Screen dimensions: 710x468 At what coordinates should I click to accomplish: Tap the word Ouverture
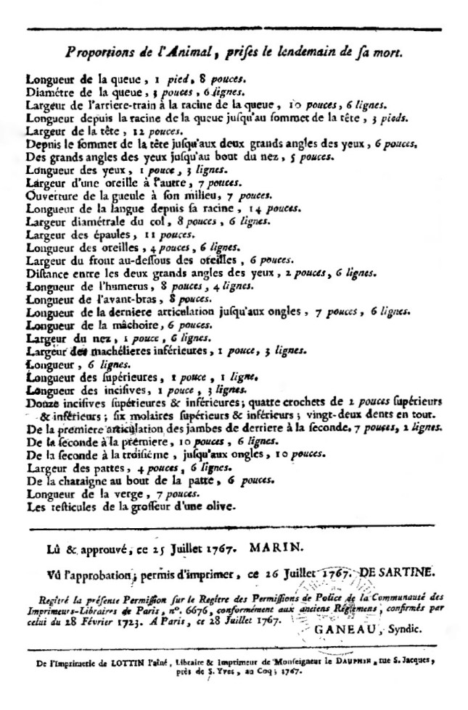click(x=52, y=195)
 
